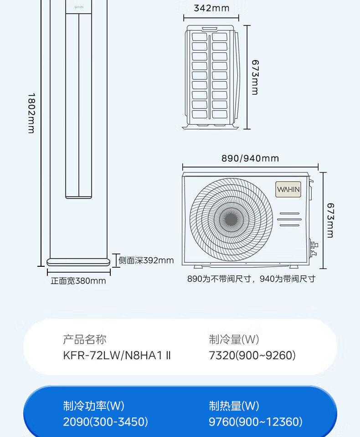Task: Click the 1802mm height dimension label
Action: pos(31,113)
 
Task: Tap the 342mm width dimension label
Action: pos(211,8)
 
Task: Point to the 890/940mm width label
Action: pos(250,158)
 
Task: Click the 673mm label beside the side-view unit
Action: pos(255,77)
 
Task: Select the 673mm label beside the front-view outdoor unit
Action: pos(330,220)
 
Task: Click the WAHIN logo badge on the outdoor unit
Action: pos(288,189)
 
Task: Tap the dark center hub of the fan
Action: pos(231,219)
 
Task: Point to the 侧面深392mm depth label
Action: pos(146,260)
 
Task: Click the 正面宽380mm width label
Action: pos(78,281)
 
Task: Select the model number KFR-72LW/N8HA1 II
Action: pos(117,356)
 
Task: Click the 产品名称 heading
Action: pos(85,340)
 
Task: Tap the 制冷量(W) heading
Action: pos(234,340)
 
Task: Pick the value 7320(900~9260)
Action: pos(252,356)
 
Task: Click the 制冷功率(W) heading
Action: pos(93,406)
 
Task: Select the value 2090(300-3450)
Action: pos(105,422)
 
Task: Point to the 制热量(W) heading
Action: pos(234,406)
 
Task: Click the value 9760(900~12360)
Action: pos(255,422)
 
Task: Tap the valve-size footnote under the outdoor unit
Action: pos(251,279)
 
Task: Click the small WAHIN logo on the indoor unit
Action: pos(79,7)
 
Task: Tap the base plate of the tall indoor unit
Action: pos(78,262)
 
